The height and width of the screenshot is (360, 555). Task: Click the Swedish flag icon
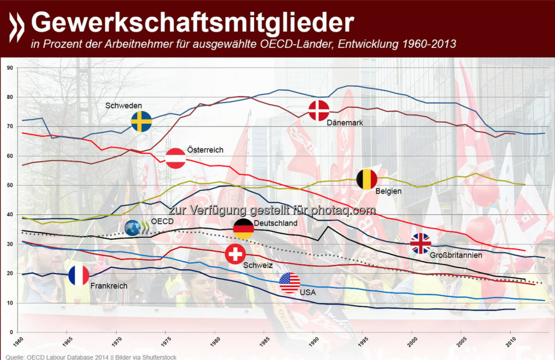tap(141, 121)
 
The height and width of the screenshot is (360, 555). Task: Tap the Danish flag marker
tap(319, 111)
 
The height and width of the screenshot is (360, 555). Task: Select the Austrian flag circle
tap(176, 158)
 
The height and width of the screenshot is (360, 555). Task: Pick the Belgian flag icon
tap(367, 179)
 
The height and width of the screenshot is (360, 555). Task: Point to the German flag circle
tap(244, 229)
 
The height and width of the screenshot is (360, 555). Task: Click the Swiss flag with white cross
tap(235, 254)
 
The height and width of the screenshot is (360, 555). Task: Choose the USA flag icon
tap(289, 283)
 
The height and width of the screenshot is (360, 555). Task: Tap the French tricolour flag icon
tap(79, 275)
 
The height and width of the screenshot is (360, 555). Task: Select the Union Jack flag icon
tap(420, 243)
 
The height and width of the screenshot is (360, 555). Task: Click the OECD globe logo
tap(133, 228)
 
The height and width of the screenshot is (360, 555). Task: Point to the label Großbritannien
tap(456, 255)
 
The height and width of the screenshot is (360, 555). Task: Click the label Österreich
tap(205, 150)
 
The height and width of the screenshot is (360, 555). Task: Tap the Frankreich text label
tap(109, 286)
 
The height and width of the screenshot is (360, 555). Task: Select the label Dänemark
tap(345, 123)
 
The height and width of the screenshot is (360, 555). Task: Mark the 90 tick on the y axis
tap(10, 68)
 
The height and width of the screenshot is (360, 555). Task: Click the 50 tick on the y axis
tap(10, 185)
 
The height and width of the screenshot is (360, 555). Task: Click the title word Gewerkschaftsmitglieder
tap(192, 22)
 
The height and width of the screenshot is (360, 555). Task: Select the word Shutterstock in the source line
tap(159, 357)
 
